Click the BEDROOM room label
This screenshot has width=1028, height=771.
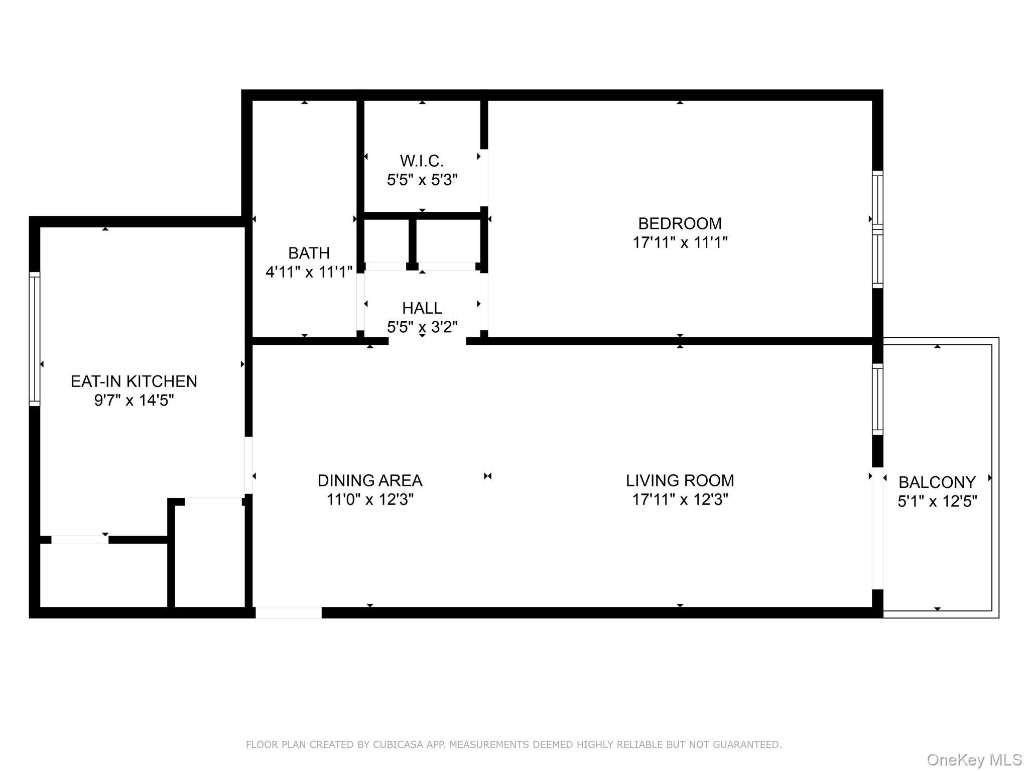[680, 223]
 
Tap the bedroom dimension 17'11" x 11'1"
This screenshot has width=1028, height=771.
[680, 242]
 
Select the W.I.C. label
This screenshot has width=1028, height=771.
[422, 161]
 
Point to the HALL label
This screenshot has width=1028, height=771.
[422, 308]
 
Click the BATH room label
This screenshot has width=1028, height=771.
[309, 252]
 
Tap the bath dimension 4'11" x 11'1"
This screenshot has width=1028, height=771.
[309, 272]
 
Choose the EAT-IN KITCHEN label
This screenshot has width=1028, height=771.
[134, 381]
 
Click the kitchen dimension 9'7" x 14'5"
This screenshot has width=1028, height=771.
[134, 401]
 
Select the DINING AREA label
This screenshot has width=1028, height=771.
[370, 480]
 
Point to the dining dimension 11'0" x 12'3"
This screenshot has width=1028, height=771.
[370, 500]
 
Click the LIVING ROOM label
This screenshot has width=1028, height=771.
[680, 480]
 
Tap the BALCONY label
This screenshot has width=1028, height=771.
[937, 482]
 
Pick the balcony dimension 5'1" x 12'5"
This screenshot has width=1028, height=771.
[937, 501]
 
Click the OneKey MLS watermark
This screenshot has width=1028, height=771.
[974, 760]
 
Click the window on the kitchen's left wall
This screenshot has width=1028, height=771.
[34, 339]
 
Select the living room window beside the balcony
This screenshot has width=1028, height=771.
[877, 399]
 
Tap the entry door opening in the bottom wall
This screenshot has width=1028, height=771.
[289, 612]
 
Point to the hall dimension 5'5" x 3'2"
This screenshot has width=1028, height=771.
[422, 327]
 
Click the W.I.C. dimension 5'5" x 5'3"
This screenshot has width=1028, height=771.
[422, 180]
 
